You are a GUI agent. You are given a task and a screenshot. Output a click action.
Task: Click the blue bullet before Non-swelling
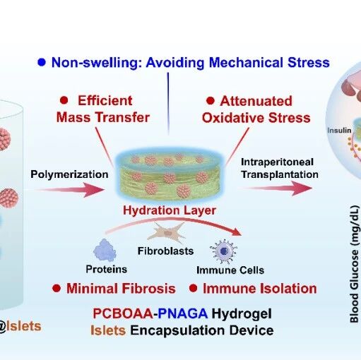42,62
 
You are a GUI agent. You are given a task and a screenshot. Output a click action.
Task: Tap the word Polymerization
69,174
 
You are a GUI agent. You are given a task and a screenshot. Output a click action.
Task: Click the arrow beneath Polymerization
71,190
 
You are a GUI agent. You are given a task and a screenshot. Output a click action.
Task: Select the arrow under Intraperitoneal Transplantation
278,188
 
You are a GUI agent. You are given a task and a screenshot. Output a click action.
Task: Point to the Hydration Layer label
170,210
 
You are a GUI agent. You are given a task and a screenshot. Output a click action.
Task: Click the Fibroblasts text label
165,251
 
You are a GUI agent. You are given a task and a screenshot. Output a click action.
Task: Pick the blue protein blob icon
105,250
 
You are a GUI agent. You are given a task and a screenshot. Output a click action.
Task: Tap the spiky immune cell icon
223,251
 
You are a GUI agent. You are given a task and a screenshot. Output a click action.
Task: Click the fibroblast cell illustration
167,233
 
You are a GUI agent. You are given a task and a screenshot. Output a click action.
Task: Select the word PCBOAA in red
123,313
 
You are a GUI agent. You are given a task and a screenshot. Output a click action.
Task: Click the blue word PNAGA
182,313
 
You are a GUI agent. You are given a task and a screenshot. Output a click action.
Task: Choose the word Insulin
339,131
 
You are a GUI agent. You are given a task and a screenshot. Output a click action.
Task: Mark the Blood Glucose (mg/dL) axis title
354,264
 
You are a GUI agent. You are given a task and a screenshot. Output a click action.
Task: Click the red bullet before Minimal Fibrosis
57,288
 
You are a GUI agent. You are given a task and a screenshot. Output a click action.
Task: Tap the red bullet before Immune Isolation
194,288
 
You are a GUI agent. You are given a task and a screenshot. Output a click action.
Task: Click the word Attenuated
256,101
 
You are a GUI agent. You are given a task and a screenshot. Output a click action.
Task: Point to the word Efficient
105,101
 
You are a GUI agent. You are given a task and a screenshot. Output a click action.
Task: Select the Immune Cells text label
230,270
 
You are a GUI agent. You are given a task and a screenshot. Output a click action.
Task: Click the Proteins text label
107,270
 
